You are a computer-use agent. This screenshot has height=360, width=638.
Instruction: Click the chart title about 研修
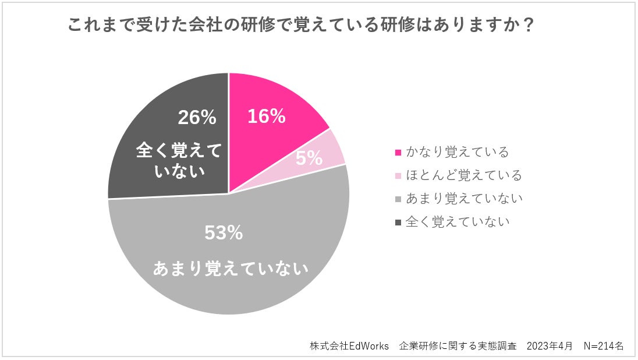point(301,26)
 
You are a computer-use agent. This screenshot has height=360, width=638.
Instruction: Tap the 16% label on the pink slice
point(266,116)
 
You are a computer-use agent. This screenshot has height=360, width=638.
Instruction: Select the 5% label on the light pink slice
point(309,157)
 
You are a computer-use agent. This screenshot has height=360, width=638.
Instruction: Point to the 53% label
point(224,233)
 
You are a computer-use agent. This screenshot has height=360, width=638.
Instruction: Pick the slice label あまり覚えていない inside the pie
point(231,269)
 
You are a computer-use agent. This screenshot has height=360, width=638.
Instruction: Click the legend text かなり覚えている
point(458,152)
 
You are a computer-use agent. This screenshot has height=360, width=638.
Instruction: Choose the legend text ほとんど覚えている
point(464,175)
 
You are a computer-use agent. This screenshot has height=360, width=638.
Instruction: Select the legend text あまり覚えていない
point(464,198)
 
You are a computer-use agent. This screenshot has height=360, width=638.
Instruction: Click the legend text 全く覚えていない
point(458,221)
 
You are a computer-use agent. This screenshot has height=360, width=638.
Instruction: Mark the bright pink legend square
point(398,153)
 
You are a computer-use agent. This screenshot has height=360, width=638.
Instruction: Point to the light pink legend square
point(398,175)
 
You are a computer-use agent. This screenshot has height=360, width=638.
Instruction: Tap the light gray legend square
point(398,199)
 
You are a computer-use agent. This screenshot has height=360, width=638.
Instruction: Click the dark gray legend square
point(398,222)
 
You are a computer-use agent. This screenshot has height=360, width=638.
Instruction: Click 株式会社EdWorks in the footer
point(349,345)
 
